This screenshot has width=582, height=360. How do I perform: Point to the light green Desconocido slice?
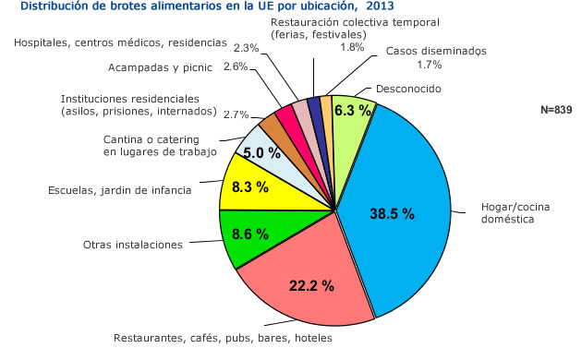tap(353, 115)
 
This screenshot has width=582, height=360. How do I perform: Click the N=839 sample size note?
tap(556, 110)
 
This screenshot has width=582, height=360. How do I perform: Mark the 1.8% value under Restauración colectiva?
tap(352, 46)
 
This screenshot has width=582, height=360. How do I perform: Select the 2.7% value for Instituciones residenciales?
tap(236, 114)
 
